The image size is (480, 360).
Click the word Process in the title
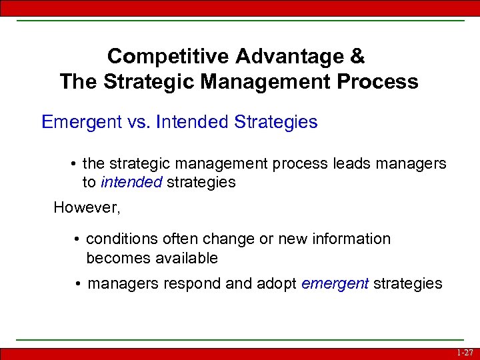[381, 82]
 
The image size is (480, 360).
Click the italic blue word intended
[131, 182]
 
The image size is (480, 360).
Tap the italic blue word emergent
[335, 283]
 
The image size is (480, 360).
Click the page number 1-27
[465, 353]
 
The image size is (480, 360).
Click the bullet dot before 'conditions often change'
[78, 239]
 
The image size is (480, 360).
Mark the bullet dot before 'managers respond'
[79, 284]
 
